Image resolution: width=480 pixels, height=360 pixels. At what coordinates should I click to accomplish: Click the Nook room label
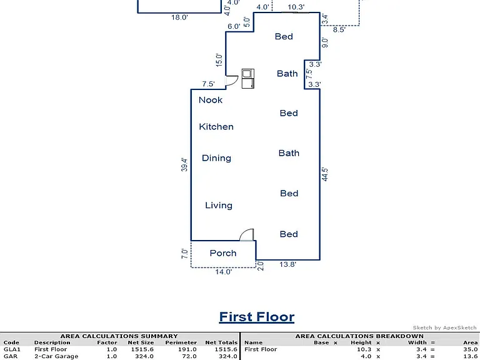211,100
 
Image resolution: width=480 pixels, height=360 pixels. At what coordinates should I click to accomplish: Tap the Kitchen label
216,127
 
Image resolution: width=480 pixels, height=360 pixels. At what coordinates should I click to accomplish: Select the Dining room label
216,158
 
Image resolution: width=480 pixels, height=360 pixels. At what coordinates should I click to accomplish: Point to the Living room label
219,206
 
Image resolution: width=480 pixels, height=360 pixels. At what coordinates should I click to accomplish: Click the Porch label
223,253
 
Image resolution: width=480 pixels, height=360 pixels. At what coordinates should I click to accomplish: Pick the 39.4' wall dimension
184,165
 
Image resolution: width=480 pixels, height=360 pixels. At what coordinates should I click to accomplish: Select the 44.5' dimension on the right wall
325,174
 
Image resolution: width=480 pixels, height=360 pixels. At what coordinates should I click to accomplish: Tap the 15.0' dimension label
219,60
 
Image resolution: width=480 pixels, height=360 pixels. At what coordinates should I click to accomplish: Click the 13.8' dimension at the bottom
287,264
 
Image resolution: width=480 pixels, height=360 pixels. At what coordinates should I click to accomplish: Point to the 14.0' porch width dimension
224,272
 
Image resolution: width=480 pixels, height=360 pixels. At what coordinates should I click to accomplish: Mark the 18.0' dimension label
179,17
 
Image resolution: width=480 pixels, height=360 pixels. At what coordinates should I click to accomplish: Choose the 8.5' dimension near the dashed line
339,30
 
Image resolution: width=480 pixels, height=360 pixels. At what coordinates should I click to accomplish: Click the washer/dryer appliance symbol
247,79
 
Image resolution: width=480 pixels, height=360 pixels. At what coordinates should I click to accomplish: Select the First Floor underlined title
257,317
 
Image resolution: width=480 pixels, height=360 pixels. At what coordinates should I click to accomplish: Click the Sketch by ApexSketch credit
444,327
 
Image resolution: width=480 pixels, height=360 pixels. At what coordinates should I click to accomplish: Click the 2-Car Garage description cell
56,356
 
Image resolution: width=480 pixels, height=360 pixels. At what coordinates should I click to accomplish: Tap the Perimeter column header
181,342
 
